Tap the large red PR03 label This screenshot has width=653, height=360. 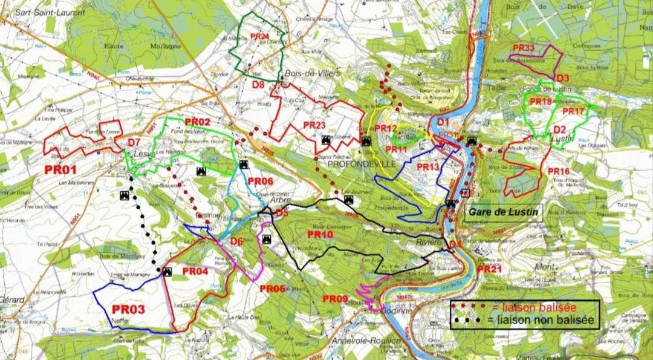pos(128,310)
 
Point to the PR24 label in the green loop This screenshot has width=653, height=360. pos(259,36)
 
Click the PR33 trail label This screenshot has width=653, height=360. pos(524,48)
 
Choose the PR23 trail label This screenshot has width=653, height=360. pos(314,125)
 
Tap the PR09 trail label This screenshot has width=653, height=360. pos(335,299)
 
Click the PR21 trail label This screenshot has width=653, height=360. pos(490,269)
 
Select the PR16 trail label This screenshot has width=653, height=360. pos(559,172)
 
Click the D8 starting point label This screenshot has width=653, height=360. pos(258,85)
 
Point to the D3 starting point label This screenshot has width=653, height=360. pos(563,78)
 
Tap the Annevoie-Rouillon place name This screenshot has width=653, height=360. pos(366,341)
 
